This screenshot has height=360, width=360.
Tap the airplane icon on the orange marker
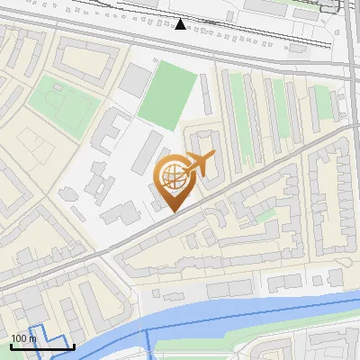[x=199, y=164]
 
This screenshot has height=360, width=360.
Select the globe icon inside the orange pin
[x=173, y=175]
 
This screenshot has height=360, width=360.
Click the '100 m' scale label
[x=22, y=338]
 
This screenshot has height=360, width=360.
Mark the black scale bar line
[x=41, y=346]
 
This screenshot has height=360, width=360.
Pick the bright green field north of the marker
[x=166, y=94]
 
